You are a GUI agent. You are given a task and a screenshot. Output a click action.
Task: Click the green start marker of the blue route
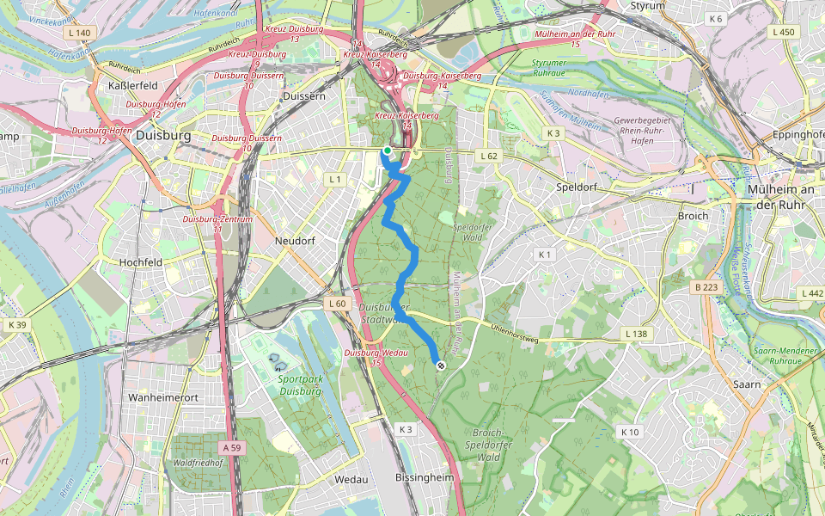click(x=388, y=150)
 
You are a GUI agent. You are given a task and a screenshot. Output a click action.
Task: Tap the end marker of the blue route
click(x=441, y=366)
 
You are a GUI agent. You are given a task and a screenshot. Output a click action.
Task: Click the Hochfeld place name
click(x=141, y=262)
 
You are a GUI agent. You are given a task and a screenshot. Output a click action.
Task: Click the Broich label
click(x=694, y=216)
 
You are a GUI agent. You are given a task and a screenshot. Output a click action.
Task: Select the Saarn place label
click(x=748, y=384)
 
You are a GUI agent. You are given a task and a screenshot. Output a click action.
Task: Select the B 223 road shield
click(x=706, y=286)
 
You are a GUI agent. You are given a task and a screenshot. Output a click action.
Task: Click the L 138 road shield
click(x=635, y=333)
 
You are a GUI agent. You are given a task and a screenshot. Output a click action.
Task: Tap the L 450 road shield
click(x=783, y=32)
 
